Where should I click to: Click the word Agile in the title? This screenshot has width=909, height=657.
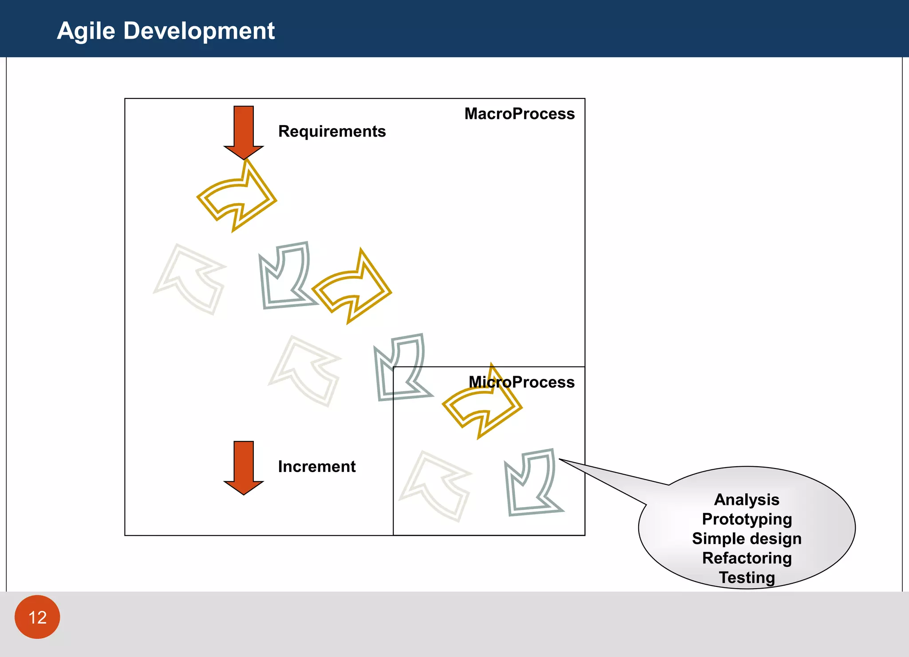coord(86,31)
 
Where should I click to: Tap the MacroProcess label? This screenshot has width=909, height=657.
coord(519,114)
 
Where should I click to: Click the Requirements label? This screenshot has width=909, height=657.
coord(332,131)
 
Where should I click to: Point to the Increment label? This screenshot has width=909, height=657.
coord(316,467)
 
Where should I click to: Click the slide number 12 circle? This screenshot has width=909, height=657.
coord(37,617)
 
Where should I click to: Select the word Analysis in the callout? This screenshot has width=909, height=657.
coord(747,500)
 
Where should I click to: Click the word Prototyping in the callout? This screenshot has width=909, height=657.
coord(747,519)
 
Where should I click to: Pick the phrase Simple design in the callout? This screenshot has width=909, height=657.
coord(747,539)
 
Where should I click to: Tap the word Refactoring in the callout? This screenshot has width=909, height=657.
coord(747,558)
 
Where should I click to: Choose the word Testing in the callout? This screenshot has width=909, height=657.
coord(747,577)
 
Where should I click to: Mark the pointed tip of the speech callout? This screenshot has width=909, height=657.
coord(560,460)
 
